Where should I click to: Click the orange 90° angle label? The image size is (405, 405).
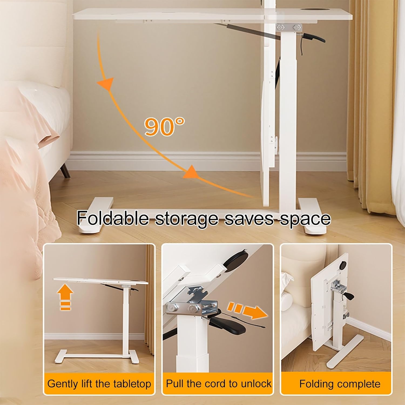click(164, 126)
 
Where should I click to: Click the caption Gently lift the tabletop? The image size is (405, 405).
click(99, 384)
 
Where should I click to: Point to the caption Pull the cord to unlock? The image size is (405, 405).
click(219, 383)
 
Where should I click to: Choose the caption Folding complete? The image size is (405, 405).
click(340, 384)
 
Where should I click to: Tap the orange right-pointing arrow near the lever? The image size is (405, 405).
click(248, 312)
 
